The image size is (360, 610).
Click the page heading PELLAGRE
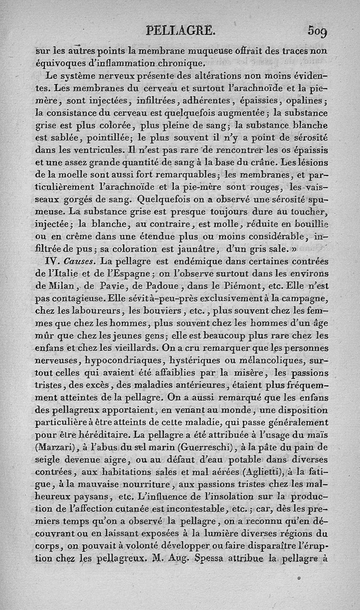point(182,31)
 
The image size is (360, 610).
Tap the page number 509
point(318,32)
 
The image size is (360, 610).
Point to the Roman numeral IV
point(56,261)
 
